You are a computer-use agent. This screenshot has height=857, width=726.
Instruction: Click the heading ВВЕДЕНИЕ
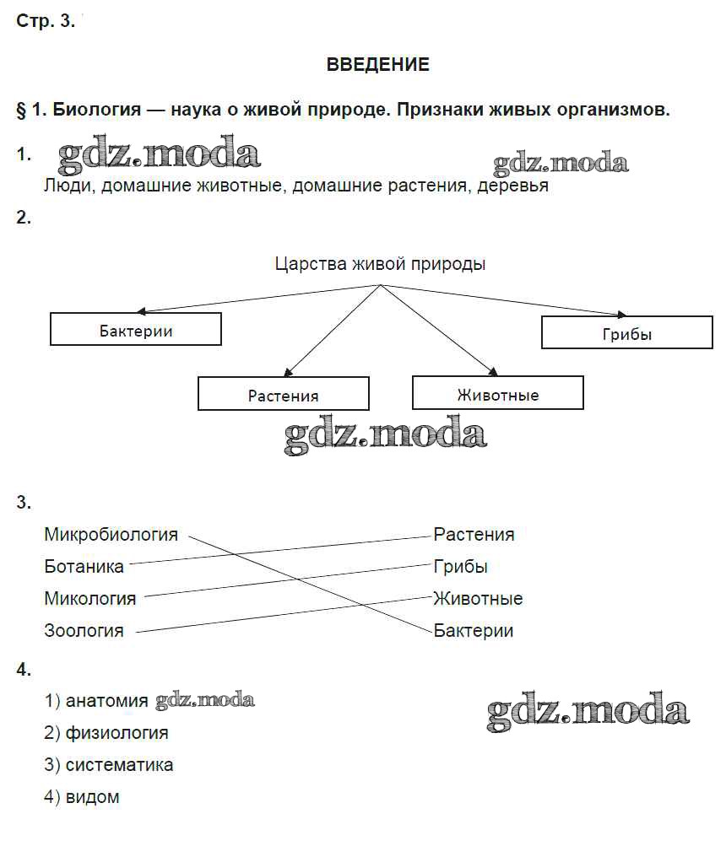point(377,65)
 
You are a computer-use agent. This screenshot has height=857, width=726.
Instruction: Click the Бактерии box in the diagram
point(136,330)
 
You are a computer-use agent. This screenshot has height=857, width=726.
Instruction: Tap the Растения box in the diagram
point(284,395)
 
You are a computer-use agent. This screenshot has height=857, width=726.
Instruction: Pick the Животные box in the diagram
point(498,394)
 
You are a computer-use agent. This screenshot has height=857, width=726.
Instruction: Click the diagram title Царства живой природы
point(380,264)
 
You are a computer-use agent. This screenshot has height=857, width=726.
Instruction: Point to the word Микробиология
point(111,535)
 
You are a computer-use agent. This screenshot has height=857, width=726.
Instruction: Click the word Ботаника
point(84,567)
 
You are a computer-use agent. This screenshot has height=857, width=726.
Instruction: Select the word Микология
point(90,599)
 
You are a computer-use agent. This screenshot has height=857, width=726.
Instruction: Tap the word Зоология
point(84,631)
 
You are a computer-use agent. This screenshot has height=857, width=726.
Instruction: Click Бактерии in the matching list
point(474,631)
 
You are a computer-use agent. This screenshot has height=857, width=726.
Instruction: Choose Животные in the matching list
point(478,599)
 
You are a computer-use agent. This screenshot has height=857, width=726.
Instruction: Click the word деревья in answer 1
point(512,186)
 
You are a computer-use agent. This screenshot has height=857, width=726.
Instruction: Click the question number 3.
point(23,503)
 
